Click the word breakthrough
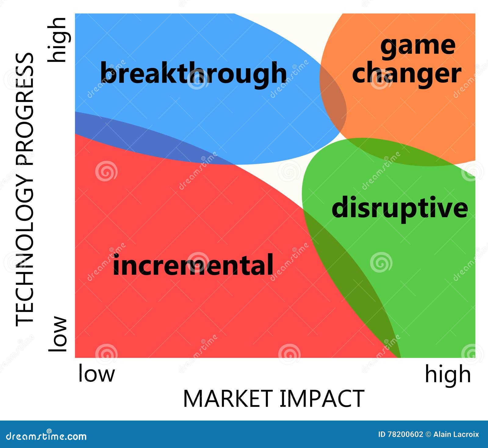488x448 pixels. (x=193, y=73)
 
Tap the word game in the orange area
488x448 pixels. (x=418, y=46)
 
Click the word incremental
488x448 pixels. (x=193, y=265)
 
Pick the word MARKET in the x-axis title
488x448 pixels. (x=228, y=399)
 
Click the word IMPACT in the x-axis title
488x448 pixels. (x=322, y=399)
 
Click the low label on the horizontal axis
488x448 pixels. (x=96, y=373)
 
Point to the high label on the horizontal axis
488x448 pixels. (x=448, y=375)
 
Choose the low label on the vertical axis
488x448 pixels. (x=58, y=334)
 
